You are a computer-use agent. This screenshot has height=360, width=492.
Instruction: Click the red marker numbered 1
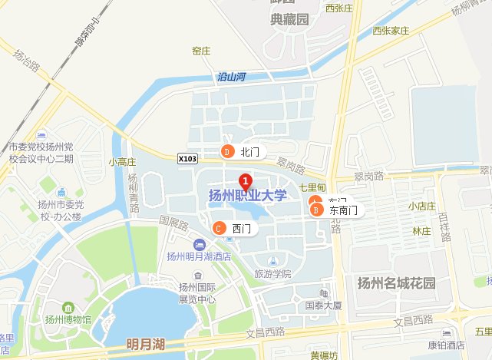(246, 183)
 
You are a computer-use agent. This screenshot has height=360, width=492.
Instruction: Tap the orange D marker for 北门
(227, 151)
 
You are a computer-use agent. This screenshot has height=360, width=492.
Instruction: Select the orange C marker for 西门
(219, 228)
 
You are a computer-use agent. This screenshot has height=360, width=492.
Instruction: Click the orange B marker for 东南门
(315, 210)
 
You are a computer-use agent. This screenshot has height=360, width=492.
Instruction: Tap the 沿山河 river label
(231, 77)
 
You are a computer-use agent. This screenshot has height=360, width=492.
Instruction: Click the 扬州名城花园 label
(396, 282)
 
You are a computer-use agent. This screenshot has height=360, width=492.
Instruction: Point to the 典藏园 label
(289, 19)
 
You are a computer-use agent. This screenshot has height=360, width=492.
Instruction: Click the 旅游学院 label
(273, 273)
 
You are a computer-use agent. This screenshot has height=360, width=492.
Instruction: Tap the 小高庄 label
(122, 162)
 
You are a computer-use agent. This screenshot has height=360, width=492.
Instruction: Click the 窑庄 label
(201, 51)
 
